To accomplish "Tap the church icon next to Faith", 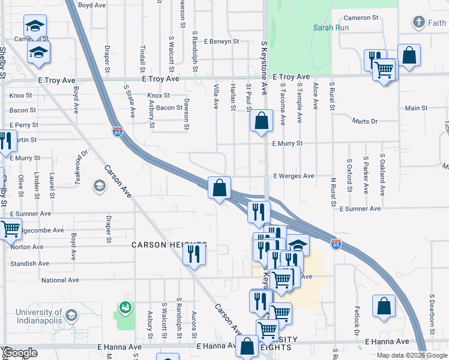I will point(418,23).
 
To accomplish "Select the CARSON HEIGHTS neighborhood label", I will point(169,245).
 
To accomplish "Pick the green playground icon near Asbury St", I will point(125,308).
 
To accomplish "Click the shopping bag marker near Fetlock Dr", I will point(384,305).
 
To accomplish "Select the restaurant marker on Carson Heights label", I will point(194,253).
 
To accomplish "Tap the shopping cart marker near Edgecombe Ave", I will point(10,229).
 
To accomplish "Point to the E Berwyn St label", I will point(221,42).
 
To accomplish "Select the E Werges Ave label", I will point(294,176).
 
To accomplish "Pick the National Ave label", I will point(61,280).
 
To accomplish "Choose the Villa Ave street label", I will point(216,96).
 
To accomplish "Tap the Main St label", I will point(416,108).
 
